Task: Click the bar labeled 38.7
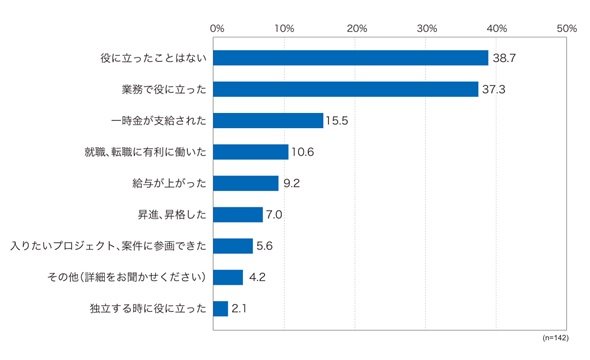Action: click(351, 58)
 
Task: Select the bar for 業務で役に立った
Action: click(346, 89)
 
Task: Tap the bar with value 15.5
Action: click(268, 120)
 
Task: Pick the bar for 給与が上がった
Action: click(246, 183)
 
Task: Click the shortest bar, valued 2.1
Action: click(220, 308)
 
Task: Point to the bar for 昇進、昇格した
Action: click(238, 214)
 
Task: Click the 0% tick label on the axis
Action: click(217, 29)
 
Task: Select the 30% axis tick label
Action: click(427, 29)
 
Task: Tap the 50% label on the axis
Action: click(567, 29)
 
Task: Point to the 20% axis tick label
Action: click(357, 29)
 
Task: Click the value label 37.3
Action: click(494, 90)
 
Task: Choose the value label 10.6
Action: click(303, 152)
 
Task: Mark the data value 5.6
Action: click(264, 246)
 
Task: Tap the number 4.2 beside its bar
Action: click(257, 277)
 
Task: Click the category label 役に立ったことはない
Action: click(154, 58)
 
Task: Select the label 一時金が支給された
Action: click(159, 121)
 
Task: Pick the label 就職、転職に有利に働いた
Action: click(146, 152)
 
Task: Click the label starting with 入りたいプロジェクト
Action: click(108, 246)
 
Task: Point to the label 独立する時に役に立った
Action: click(148, 308)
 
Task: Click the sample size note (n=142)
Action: click(555, 338)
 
